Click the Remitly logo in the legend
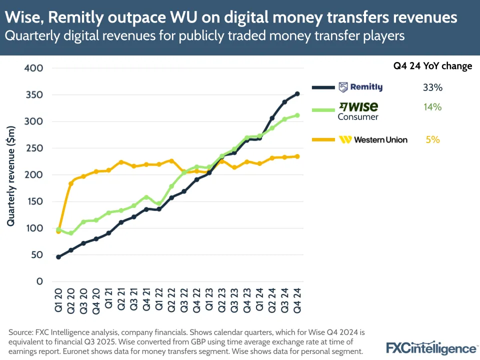click(360, 87)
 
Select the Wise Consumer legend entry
click(358, 111)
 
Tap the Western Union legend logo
click(373, 140)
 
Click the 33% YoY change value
click(432, 87)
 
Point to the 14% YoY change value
click(432, 107)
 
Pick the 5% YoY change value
click(432, 140)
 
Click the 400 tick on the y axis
click(33, 68)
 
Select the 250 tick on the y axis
click(33, 148)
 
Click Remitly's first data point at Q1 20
click(58, 257)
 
